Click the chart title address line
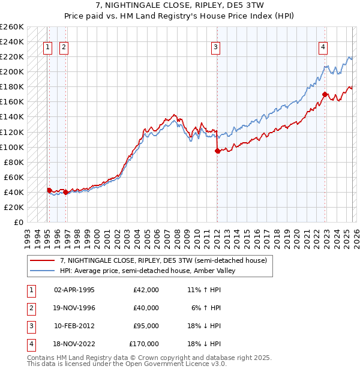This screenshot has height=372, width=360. click(180, 6)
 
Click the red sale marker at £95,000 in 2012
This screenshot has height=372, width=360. click(217, 151)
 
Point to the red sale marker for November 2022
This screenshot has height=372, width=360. click(325, 94)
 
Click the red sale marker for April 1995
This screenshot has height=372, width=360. click(49, 190)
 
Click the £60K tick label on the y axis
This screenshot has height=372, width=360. click(14, 177)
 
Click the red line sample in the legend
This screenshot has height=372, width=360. click(43, 260)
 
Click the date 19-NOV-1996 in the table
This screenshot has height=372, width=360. click(74, 308)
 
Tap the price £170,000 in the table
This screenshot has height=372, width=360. click(144, 344)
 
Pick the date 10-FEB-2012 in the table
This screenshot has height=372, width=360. click(74, 326)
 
